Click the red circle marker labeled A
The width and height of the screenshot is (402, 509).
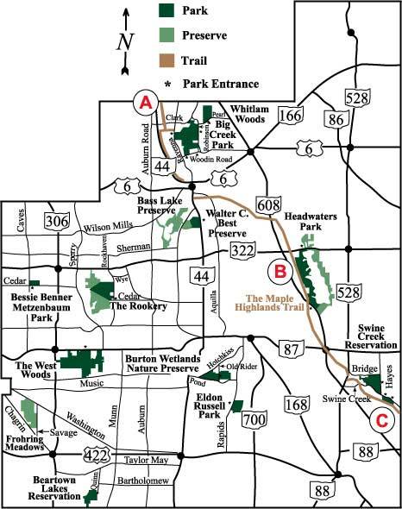[x=145, y=102]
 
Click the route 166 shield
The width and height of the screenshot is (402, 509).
[x=290, y=115]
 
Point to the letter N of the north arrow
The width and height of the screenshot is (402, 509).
[x=127, y=41]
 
